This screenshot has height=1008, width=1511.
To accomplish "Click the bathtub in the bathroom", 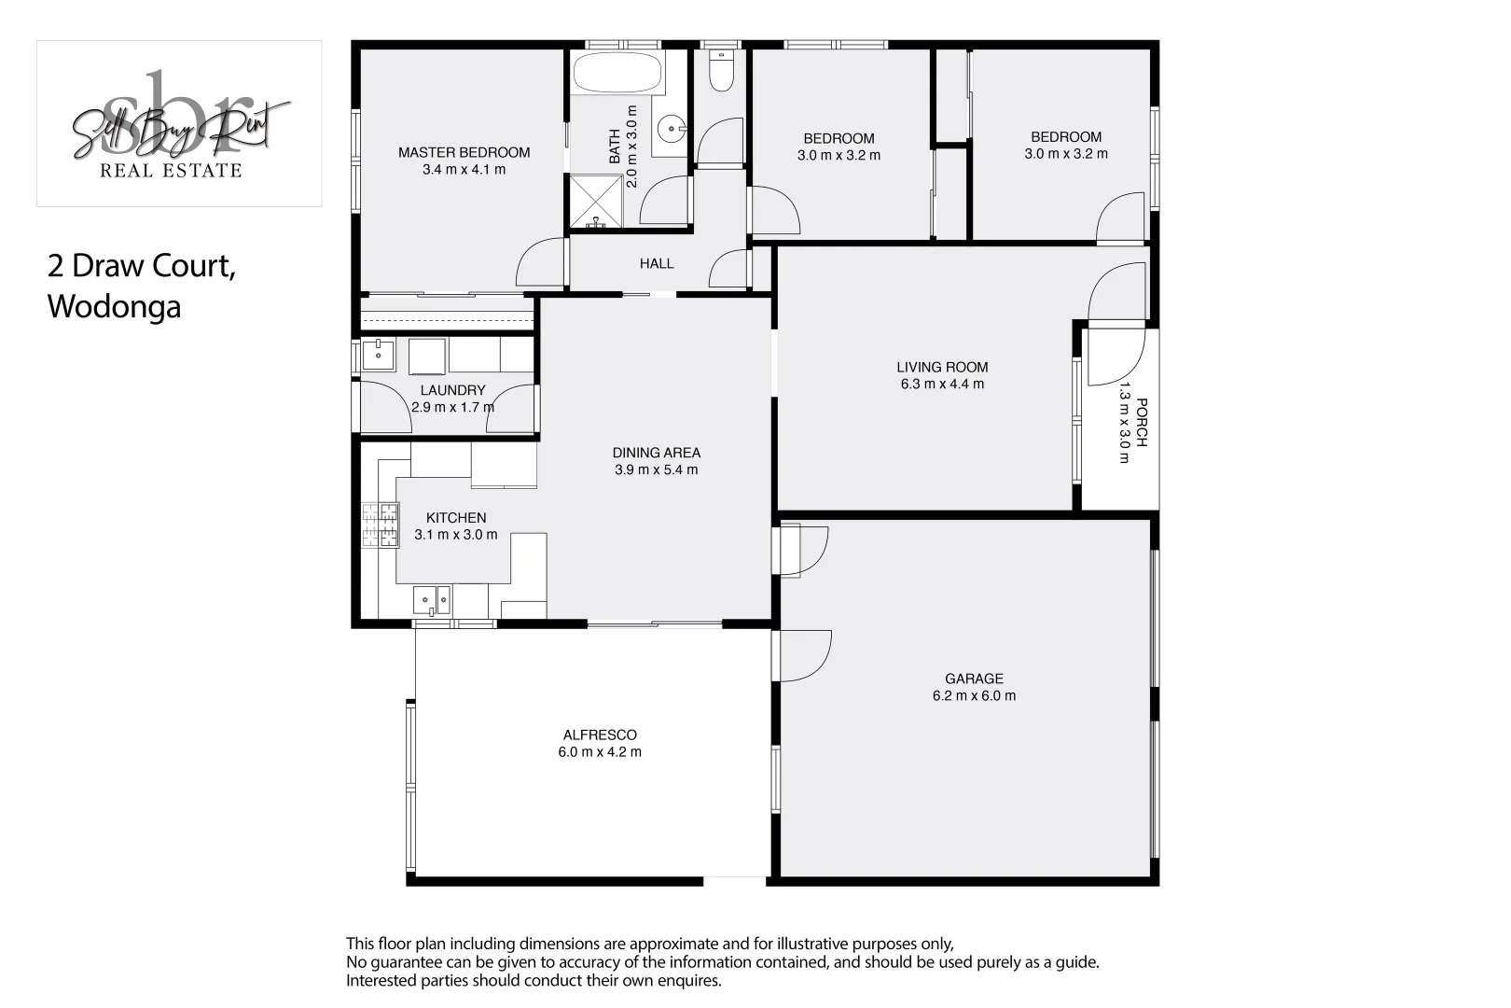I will click(x=617, y=72).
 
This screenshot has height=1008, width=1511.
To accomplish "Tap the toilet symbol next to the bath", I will click(x=721, y=70).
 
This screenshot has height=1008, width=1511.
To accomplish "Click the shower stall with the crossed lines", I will click(x=595, y=202).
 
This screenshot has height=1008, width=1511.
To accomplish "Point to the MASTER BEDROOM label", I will click(x=464, y=152).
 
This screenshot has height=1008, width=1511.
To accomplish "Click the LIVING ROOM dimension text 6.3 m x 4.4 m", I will click(x=942, y=384).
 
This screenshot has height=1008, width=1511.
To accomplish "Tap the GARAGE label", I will click(x=974, y=679).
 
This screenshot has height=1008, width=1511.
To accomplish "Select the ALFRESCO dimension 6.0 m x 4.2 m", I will click(x=600, y=751).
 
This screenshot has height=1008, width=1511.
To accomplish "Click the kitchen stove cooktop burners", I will click(x=380, y=525).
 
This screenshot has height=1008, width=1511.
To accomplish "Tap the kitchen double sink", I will click(x=432, y=598).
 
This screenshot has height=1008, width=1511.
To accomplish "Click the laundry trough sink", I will click(x=378, y=355).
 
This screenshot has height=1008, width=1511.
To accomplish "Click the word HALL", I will click(x=657, y=263).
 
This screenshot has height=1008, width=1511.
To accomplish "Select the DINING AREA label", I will click(x=656, y=453).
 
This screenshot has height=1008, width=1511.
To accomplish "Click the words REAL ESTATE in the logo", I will click(x=171, y=170).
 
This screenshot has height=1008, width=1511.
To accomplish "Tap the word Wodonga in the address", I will click(x=114, y=306).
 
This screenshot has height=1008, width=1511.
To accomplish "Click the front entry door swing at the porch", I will click(x=1117, y=355).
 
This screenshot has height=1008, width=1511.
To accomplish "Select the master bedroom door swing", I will click(x=541, y=264).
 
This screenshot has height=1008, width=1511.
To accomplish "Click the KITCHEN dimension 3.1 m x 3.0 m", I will click(x=455, y=535).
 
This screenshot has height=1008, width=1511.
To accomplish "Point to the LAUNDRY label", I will click(x=452, y=390).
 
